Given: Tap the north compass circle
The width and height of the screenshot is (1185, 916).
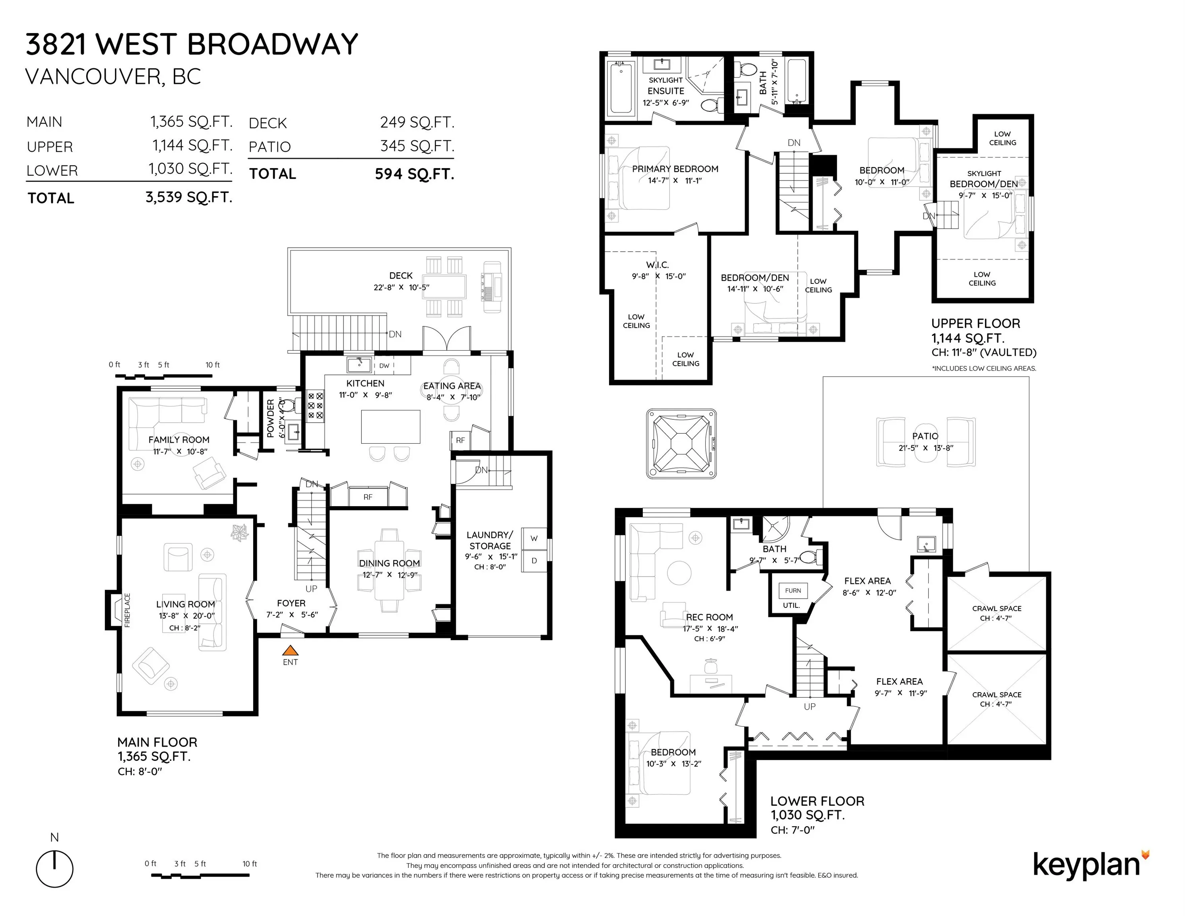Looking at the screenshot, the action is click(x=55, y=869).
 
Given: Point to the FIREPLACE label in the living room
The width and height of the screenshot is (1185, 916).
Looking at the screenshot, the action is click(x=128, y=611).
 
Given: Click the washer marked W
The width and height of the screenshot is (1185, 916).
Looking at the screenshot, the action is click(x=534, y=539).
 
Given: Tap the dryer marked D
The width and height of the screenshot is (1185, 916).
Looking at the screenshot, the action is click(x=534, y=561).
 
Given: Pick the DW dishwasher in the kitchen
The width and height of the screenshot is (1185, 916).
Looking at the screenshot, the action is click(x=384, y=366).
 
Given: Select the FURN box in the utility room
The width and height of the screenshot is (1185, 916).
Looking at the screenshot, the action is click(x=793, y=590).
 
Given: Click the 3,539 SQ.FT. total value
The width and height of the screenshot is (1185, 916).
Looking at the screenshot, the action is click(x=189, y=197).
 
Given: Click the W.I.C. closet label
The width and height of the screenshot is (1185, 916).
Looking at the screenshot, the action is click(x=657, y=265).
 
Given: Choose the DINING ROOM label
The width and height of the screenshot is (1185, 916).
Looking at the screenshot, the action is click(x=390, y=563).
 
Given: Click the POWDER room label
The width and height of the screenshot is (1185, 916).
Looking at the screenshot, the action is click(x=270, y=419).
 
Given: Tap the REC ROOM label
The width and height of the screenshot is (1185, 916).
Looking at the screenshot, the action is click(x=709, y=617).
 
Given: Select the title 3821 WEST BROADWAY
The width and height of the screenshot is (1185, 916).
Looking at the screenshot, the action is click(x=192, y=45).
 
